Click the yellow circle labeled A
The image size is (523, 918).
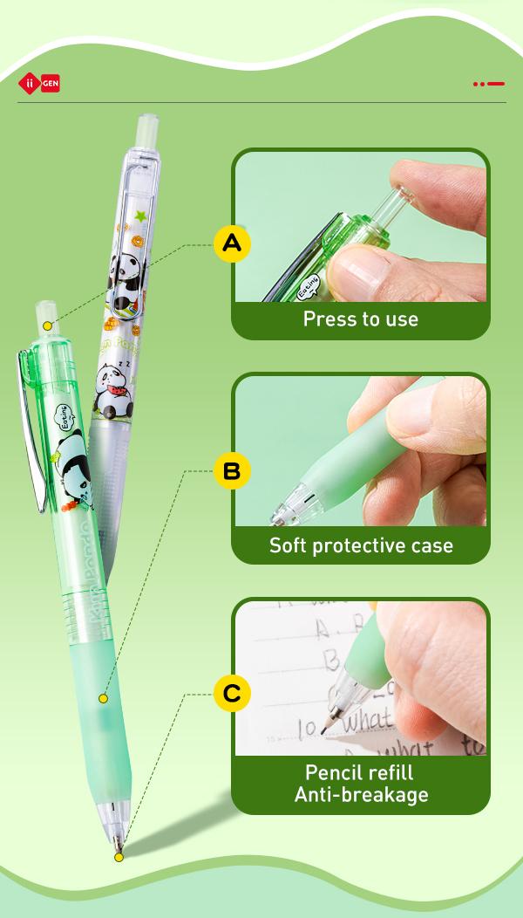(232, 243)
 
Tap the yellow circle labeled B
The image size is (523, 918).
(232, 472)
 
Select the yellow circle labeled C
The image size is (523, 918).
(232, 694)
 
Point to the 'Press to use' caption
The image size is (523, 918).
(360, 319)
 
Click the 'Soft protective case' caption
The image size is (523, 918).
(360, 546)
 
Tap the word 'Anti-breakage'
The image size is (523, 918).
(360, 794)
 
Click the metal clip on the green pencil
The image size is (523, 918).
(30, 428)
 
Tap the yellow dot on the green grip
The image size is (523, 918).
(103, 699)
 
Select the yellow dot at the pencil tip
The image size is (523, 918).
(119, 857)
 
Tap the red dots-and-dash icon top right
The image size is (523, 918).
(489, 84)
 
